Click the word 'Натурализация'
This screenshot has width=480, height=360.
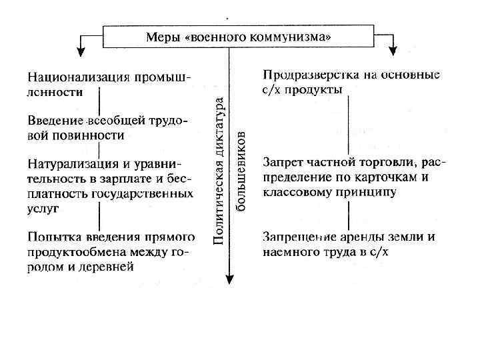[65, 163]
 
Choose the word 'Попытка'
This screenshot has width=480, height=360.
[48, 237]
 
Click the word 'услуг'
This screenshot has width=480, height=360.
[43, 208]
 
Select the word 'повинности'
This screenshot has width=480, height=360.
[94, 135]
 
